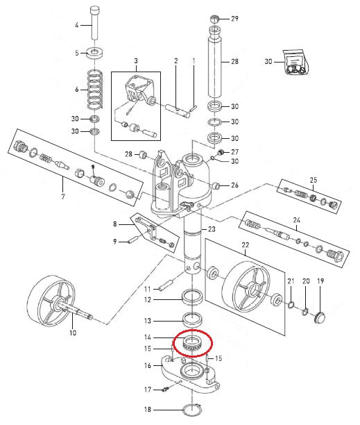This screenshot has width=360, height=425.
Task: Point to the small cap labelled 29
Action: point(215,18)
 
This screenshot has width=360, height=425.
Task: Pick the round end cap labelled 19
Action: point(320,317)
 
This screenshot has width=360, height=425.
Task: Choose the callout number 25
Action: point(313,181)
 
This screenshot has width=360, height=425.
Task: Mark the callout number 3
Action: point(136,61)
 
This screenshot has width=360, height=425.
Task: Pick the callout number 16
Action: point(147,365)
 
